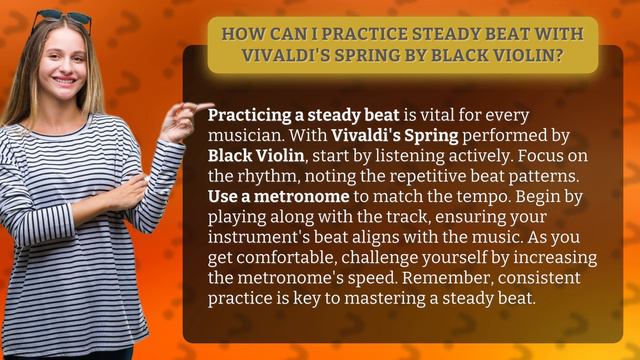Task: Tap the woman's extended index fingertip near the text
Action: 208,106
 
